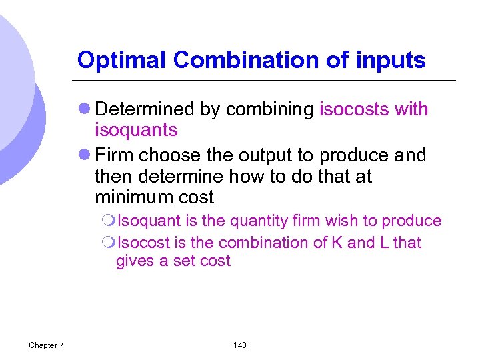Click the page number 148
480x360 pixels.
240,345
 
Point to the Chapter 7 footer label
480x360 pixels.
46,345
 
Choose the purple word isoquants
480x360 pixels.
136,130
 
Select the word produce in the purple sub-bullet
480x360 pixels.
413,221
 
